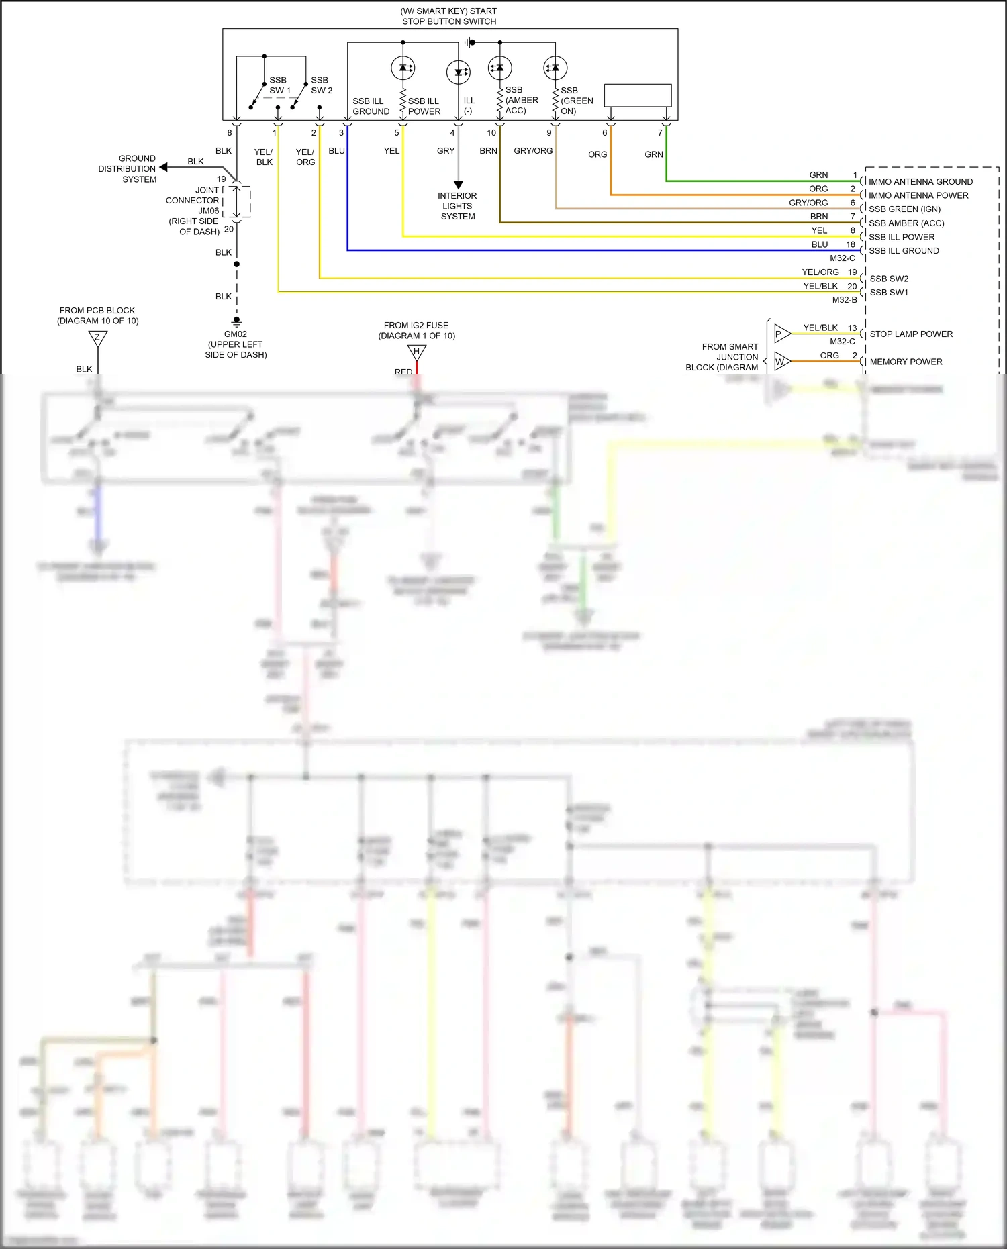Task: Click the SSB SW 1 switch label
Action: [279, 85]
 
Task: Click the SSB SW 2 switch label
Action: [321, 85]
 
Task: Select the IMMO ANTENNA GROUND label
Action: [920, 181]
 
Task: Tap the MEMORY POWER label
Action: [906, 362]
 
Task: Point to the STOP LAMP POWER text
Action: [911, 334]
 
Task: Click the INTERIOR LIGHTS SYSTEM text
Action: [457, 206]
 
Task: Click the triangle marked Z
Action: [98, 338]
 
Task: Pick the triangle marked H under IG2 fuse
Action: [416, 352]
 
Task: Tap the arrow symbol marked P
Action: [781, 334]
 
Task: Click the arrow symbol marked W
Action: [781, 362]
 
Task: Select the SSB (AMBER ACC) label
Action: [521, 100]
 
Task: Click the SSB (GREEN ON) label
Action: [576, 101]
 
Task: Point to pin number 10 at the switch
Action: [491, 133]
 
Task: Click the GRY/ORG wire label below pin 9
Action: [533, 151]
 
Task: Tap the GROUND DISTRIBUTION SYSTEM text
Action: [128, 169]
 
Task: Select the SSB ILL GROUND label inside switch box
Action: [371, 106]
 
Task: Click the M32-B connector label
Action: [844, 300]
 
